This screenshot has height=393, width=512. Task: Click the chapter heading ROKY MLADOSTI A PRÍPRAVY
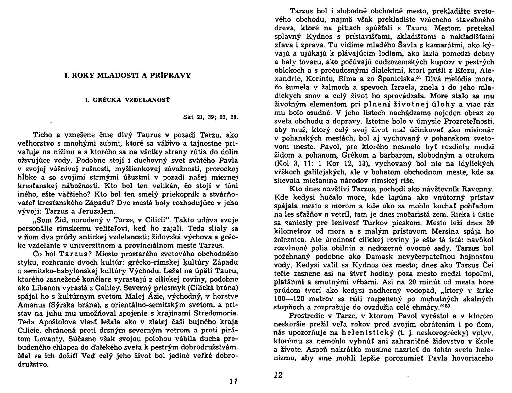click(x=127, y=75)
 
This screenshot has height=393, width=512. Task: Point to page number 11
click(x=233, y=381)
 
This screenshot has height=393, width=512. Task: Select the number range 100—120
click(x=291, y=299)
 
